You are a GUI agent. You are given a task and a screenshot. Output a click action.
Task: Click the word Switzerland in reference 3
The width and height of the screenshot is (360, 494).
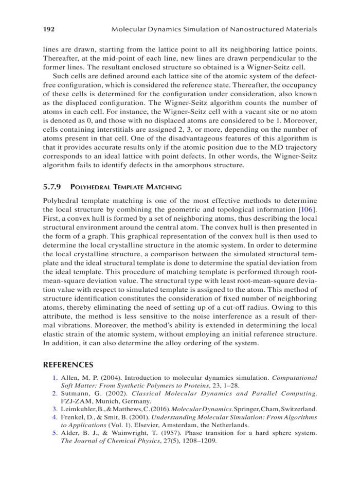click(x=295, y=409)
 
